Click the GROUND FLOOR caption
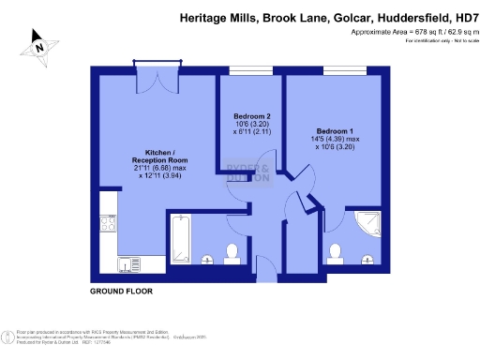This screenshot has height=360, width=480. click(x=121, y=292)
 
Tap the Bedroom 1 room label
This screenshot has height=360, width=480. click(x=335, y=130)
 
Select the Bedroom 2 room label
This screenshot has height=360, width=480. click(x=252, y=116)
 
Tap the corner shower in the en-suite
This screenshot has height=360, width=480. click(x=370, y=223)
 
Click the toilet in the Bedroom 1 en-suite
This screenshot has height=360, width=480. click(x=335, y=253)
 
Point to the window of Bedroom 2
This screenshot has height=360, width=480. click(x=245, y=69)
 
